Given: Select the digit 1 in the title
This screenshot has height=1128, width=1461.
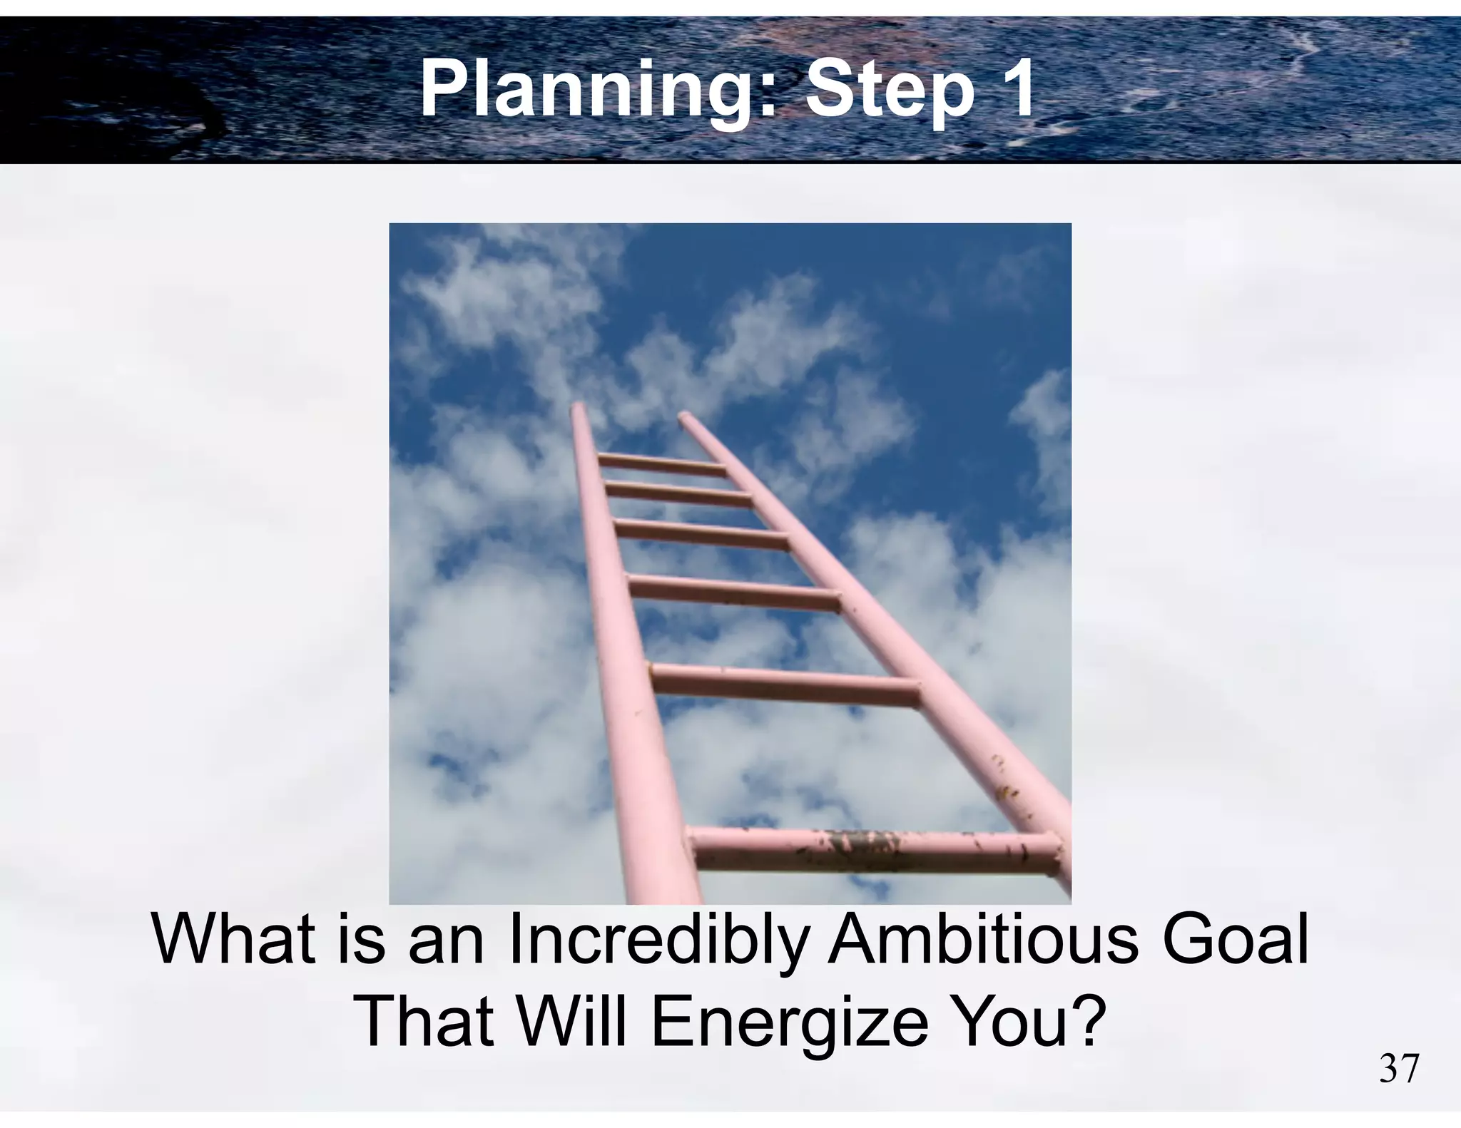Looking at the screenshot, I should pyautogui.click(x=1013, y=90).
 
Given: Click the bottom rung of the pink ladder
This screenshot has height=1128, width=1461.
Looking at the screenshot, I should pyautogui.click(x=874, y=848).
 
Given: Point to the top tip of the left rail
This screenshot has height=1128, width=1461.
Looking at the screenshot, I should pyautogui.click(x=577, y=408).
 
